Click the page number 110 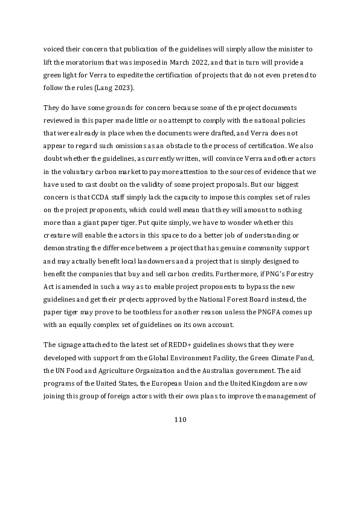point(180,419)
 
